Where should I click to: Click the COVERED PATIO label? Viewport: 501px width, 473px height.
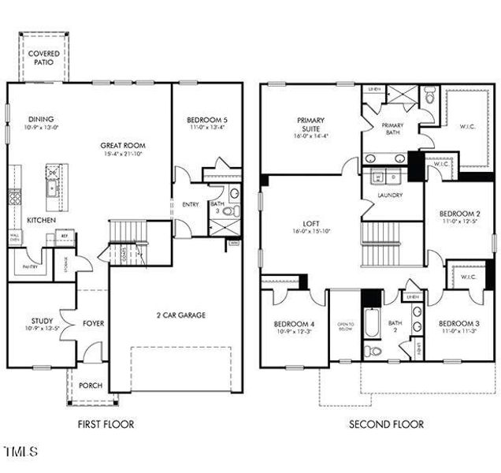pos(43,57)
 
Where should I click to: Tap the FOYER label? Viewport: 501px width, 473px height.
pos(93,323)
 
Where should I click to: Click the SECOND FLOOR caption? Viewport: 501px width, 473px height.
pos(386,424)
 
